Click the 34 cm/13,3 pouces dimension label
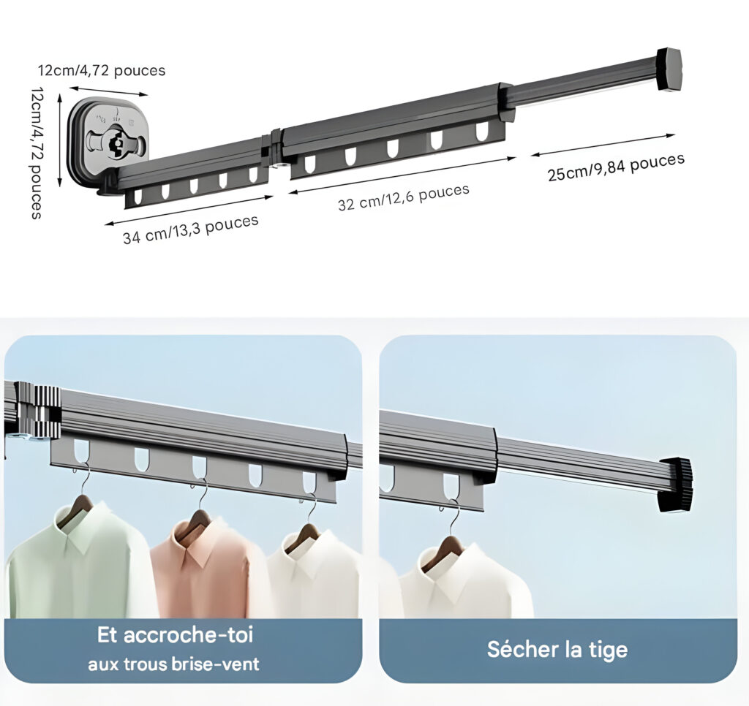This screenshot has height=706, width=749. click(191, 229)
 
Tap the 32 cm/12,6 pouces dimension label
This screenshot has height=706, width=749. click(404, 197)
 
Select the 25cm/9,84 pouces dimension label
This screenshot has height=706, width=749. click(616, 167)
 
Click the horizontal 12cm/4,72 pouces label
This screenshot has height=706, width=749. click(102, 71)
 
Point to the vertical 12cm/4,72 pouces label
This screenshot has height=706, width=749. click(37, 153)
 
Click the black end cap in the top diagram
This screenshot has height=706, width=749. click(669, 69)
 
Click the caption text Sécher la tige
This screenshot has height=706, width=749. click(557, 650)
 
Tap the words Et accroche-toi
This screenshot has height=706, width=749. click(175, 635)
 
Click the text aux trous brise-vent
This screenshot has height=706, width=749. click(173, 664)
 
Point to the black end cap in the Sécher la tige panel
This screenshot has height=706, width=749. click(675, 485)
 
